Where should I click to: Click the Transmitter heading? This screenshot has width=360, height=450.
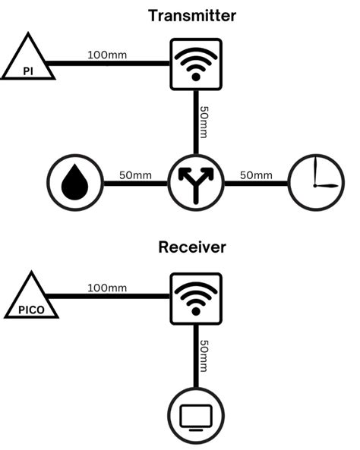point(192,15)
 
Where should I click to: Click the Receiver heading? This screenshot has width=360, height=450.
point(192,247)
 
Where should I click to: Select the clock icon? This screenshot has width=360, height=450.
point(315,183)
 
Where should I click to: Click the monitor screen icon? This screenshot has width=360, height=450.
point(195,415)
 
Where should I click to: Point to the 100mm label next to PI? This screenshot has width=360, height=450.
point(107,55)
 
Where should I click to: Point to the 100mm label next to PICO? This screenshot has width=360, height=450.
point(107,288)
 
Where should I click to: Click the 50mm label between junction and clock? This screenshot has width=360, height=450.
point(256,175)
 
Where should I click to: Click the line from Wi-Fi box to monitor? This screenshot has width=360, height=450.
point(195,357)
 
